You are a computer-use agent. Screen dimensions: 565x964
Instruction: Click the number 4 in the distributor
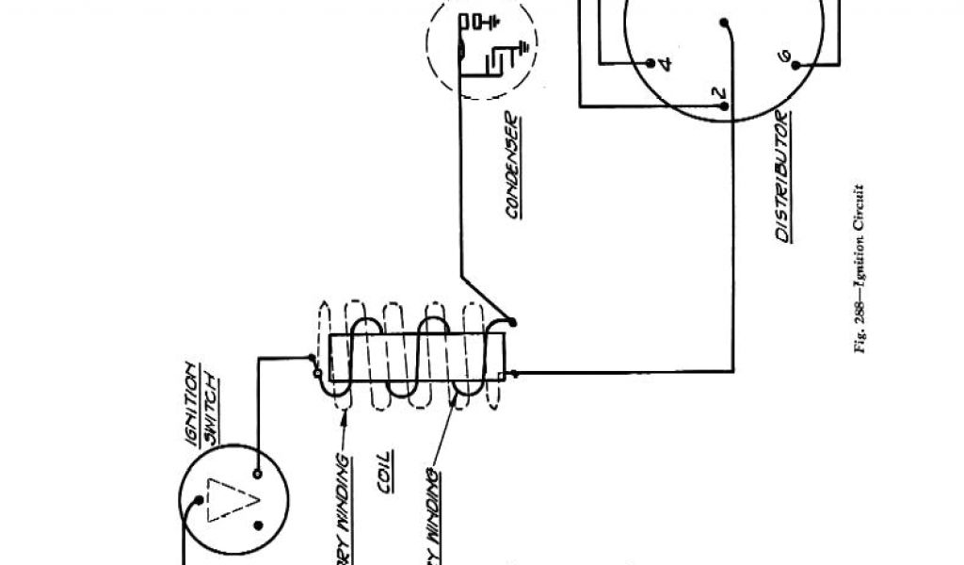pos(666,64)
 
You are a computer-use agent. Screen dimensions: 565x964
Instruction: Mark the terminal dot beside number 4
pos(650,63)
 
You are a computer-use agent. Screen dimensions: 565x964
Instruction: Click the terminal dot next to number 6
pos(796,65)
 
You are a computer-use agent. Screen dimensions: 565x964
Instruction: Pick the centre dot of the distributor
pos(726,24)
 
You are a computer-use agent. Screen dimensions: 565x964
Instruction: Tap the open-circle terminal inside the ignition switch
pos(256,473)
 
